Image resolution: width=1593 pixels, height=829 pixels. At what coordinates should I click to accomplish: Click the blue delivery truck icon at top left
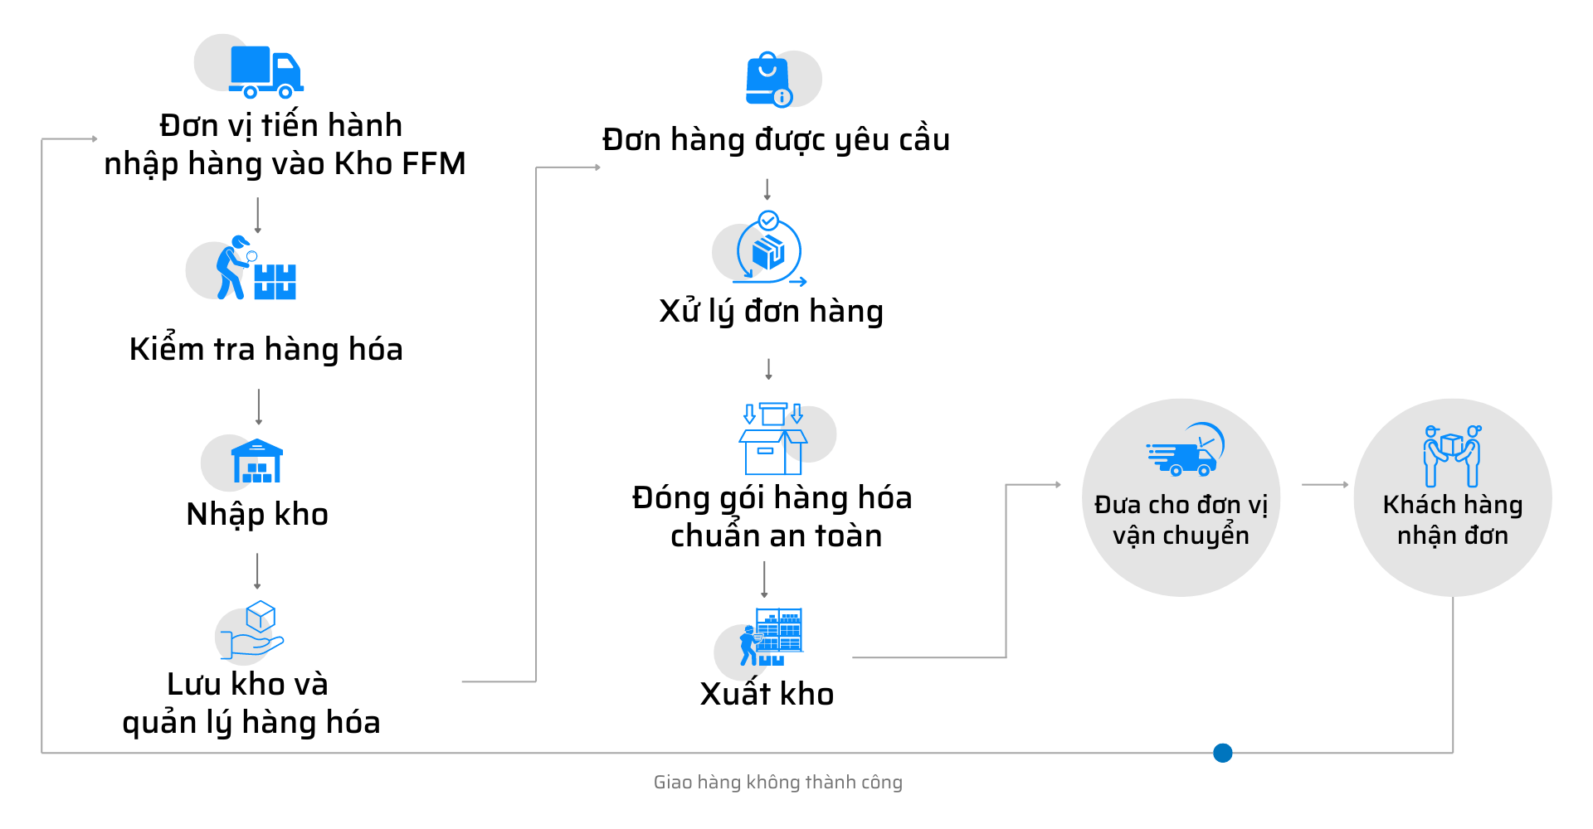pyautogui.click(x=264, y=70)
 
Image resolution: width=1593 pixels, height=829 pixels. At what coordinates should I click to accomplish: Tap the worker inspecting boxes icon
pyautogui.click(x=253, y=269)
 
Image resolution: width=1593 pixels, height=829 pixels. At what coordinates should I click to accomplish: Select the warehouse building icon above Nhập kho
pyautogui.click(x=256, y=462)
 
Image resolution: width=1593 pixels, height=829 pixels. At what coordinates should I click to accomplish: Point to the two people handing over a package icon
pyautogui.click(x=1452, y=456)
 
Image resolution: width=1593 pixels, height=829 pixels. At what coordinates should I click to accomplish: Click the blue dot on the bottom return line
pyautogui.click(x=1222, y=753)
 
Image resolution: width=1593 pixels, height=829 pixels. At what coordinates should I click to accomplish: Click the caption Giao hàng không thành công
pyautogui.click(x=777, y=783)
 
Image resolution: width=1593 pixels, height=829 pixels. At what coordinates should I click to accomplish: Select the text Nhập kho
pyautogui.click(x=257, y=515)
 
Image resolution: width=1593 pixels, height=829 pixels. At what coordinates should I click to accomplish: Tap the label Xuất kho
pyautogui.click(x=767, y=694)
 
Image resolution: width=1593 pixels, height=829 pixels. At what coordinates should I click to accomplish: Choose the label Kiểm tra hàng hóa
pyautogui.click(x=265, y=349)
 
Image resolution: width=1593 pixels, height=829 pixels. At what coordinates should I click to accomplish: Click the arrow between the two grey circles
pyautogui.click(x=1325, y=485)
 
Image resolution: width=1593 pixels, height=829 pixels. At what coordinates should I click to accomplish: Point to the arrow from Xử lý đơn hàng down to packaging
pyautogui.click(x=768, y=370)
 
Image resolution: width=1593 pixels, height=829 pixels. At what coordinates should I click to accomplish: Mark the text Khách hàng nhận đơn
pyautogui.click(x=1452, y=520)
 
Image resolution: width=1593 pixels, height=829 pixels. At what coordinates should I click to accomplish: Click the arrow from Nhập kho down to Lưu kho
pyautogui.click(x=257, y=571)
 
